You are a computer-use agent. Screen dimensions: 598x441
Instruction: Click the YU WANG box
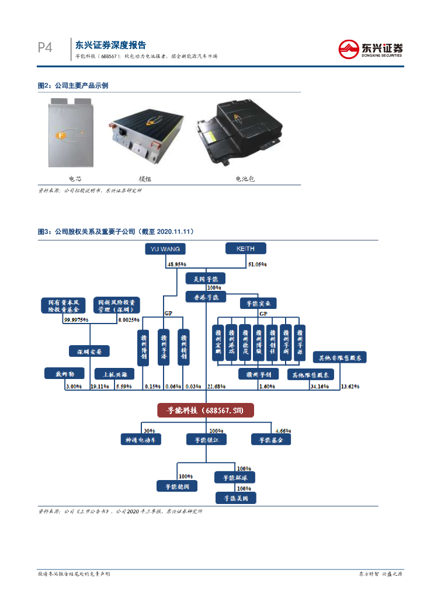coord(165,249)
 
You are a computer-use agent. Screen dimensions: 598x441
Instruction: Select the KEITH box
coord(246,249)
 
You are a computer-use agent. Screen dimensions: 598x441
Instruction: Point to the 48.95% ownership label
coord(176,265)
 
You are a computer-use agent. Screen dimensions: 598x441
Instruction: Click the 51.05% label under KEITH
coord(258,265)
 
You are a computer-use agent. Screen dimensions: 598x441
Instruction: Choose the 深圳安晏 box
coord(89,352)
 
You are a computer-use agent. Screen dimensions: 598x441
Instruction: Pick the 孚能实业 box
coord(258,304)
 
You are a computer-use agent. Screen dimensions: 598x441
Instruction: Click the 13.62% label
coord(350,387)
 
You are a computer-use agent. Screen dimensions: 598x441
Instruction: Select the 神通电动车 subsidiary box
coord(140,439)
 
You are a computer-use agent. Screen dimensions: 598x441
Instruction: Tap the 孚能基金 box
coord(270,439)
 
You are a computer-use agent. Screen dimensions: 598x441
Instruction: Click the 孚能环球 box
coord(235,478)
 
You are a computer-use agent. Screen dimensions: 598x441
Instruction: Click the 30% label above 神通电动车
coord(149,429)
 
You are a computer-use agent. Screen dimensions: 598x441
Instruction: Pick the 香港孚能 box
coord(205,297)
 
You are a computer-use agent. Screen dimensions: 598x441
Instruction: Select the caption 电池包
coord(245,179)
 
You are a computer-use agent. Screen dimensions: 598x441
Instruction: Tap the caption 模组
coord(145,179)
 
